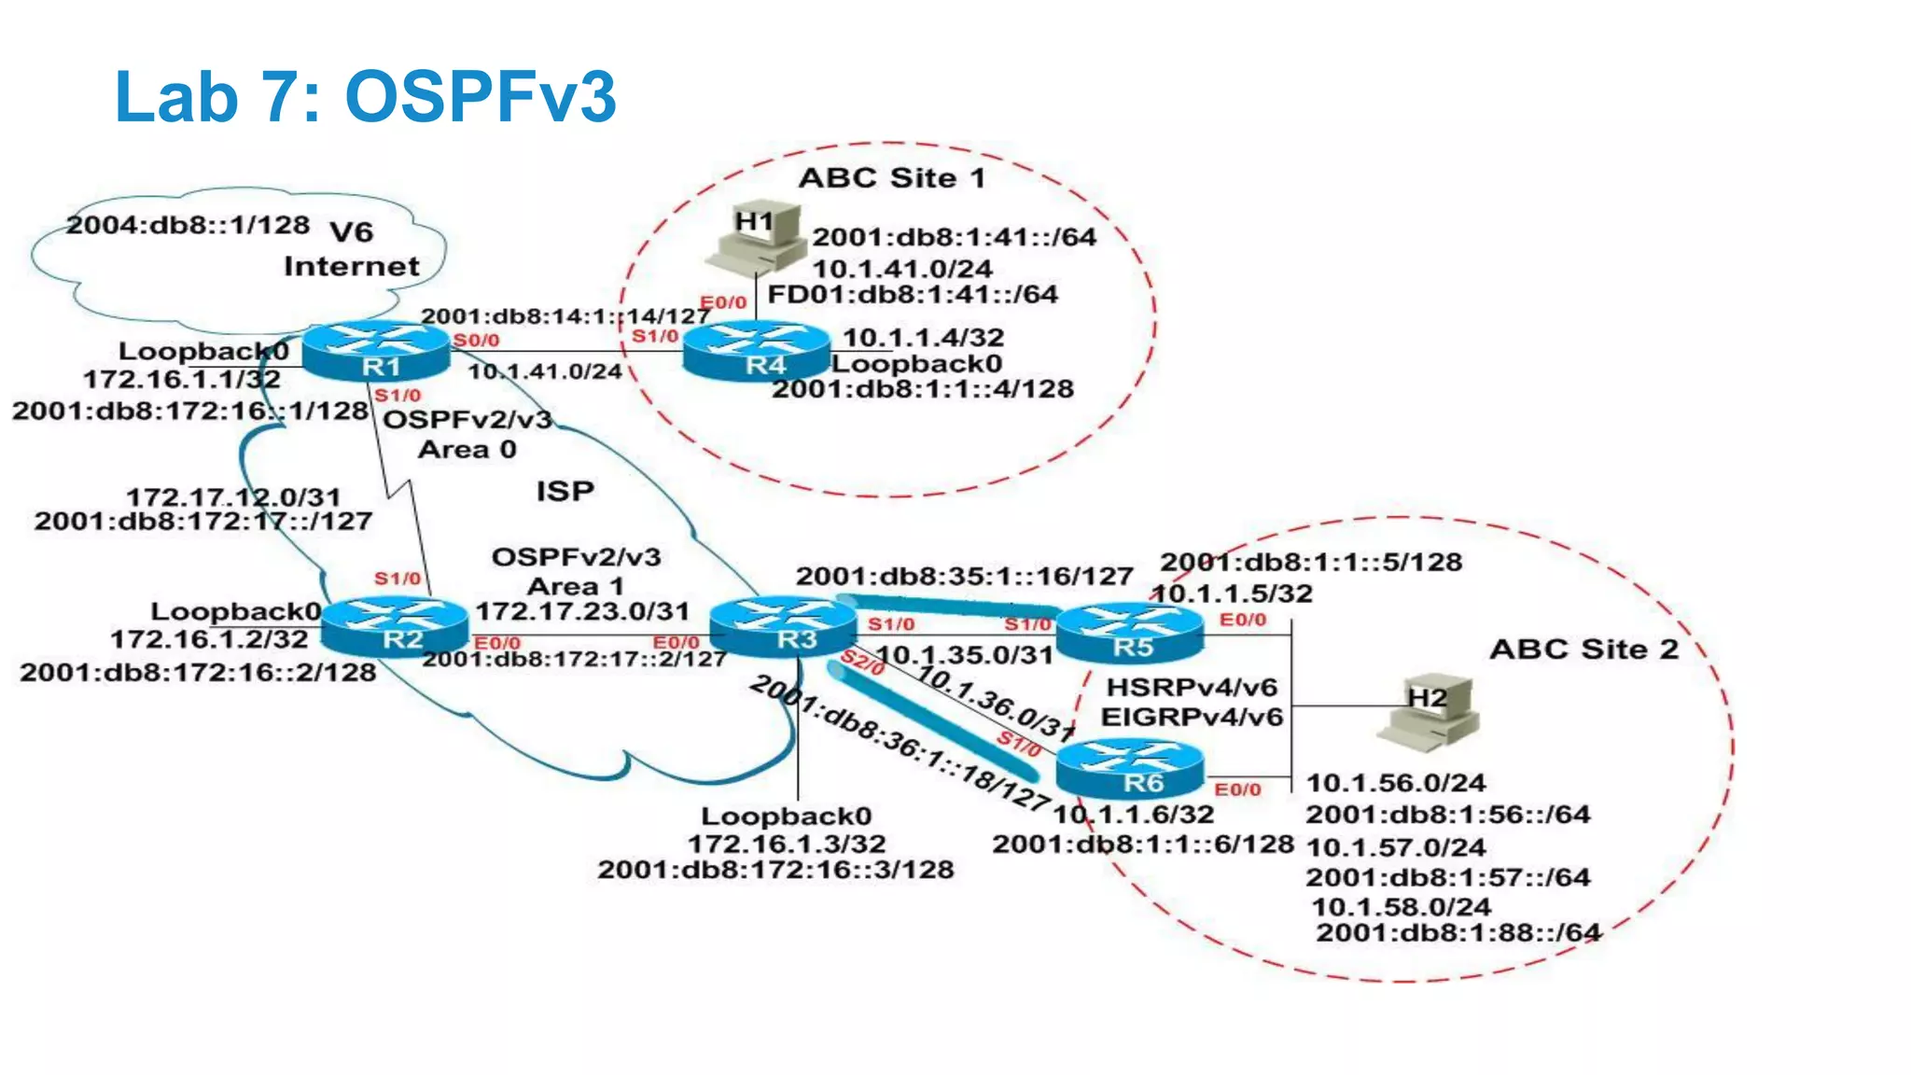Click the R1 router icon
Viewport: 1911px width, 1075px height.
tap(376, 352)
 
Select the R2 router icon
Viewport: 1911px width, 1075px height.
tap(395, 626)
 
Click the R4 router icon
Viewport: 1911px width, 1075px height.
tap(757, 352)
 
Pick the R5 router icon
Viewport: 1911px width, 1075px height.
tap(1130, 633)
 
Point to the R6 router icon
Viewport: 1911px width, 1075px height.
tap(1130, 769)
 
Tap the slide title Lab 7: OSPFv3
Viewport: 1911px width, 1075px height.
tap(365, 96)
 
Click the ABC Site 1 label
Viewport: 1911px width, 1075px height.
tap(892, 178)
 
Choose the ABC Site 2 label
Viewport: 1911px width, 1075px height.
tap(1583, 649)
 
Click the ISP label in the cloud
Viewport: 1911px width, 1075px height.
tap(565, 491)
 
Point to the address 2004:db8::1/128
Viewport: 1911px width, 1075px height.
tap(188, 225)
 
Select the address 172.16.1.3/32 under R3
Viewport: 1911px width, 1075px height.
tap(786, 844)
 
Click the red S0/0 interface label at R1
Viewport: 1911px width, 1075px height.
tap(476, 341)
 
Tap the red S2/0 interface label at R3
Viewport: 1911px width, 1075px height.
tap(862, 663)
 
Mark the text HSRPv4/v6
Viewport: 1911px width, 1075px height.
tap(1191, 688)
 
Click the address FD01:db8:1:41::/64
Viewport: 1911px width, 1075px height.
tap(913, 295)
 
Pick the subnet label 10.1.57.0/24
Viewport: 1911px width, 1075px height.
tap(1396, 847)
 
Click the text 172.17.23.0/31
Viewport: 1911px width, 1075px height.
tap(582, 612)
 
